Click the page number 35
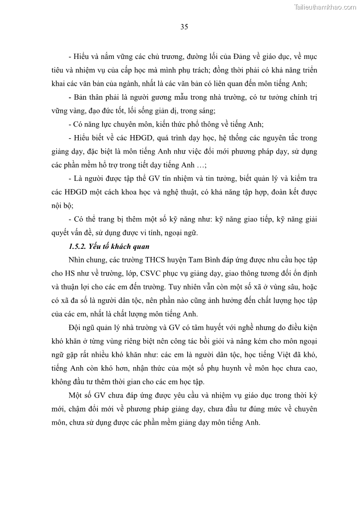tap(184, 27)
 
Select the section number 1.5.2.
tap(77, 247)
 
